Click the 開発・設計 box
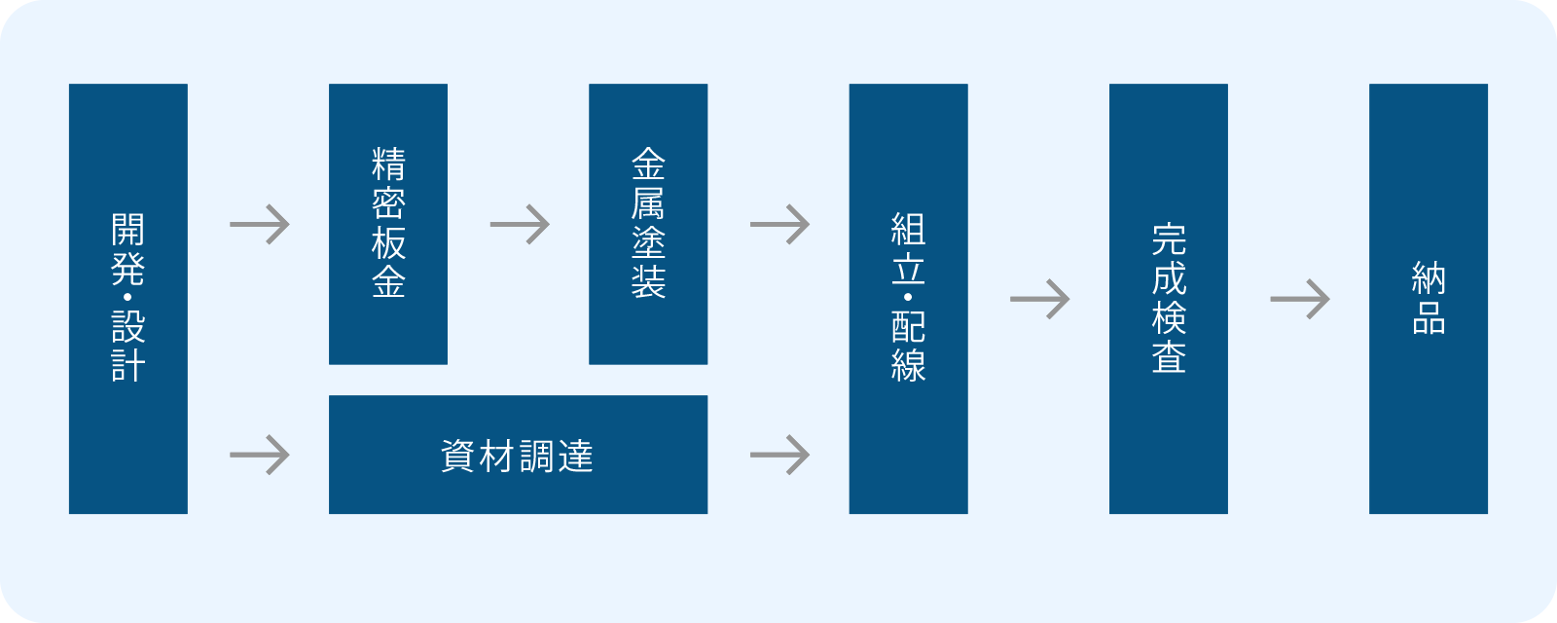tap(127, 299)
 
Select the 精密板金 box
tap(388, 224)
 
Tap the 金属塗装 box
tap(648, 224)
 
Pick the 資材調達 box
tap(518, 455)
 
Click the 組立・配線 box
tap(908, 299)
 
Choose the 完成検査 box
tap(1169, 299)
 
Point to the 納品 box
tap(1429, 299)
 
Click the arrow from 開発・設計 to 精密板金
tap(259, 225)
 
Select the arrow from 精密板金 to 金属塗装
tap(520, 225)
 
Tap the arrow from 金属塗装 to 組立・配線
tap(779, 225)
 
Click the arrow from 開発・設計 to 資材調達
tap(259, 456)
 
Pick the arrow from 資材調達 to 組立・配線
tap(779, 456)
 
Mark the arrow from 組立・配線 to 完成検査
tap(1039, 300)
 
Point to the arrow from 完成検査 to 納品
tap(1300, 300)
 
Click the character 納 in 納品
tap(1429, 278)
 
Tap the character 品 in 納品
tap(1429, 318)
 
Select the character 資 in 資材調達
tap(458, 457)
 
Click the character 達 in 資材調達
tap(575, 457)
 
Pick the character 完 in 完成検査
tap(1169, 239)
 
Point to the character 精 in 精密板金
tap(388, 165)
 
